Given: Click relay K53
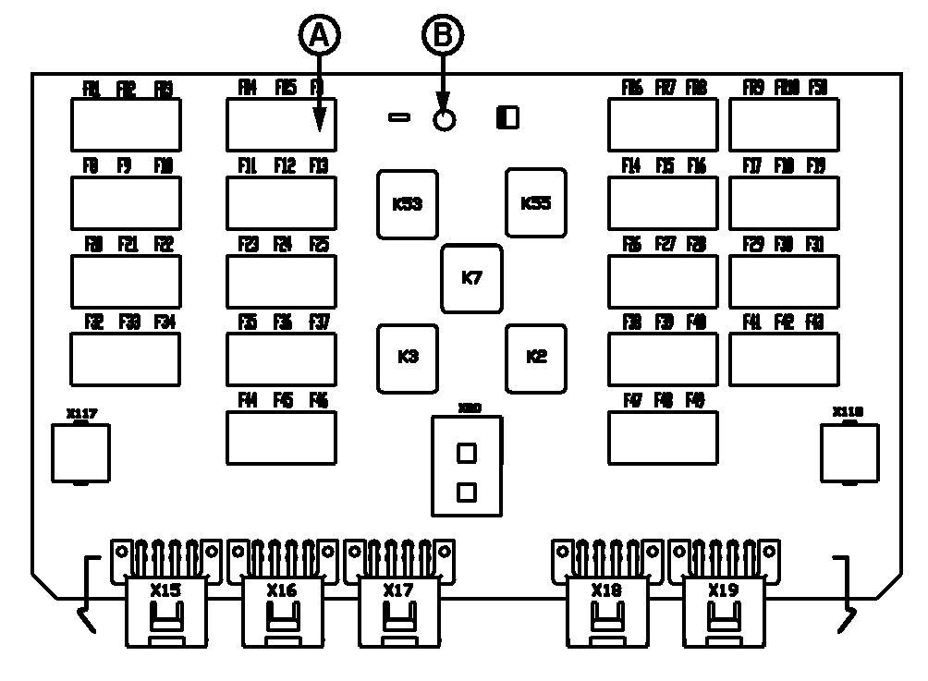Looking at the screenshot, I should (407, 204).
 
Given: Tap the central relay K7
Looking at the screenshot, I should (471, 278).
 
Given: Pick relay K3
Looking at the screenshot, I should (407, 358).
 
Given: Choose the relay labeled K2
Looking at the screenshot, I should (536, 358).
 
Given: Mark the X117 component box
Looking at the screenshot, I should (80, 453).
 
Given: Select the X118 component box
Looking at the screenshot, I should (849, 453).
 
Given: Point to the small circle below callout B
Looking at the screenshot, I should (445, 120).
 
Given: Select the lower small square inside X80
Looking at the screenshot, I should (467, 493).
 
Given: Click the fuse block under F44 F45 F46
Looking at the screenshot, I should (281, 437).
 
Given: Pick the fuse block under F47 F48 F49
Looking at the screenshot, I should (663, 437).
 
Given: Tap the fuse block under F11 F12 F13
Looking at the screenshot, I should (281, 202).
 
